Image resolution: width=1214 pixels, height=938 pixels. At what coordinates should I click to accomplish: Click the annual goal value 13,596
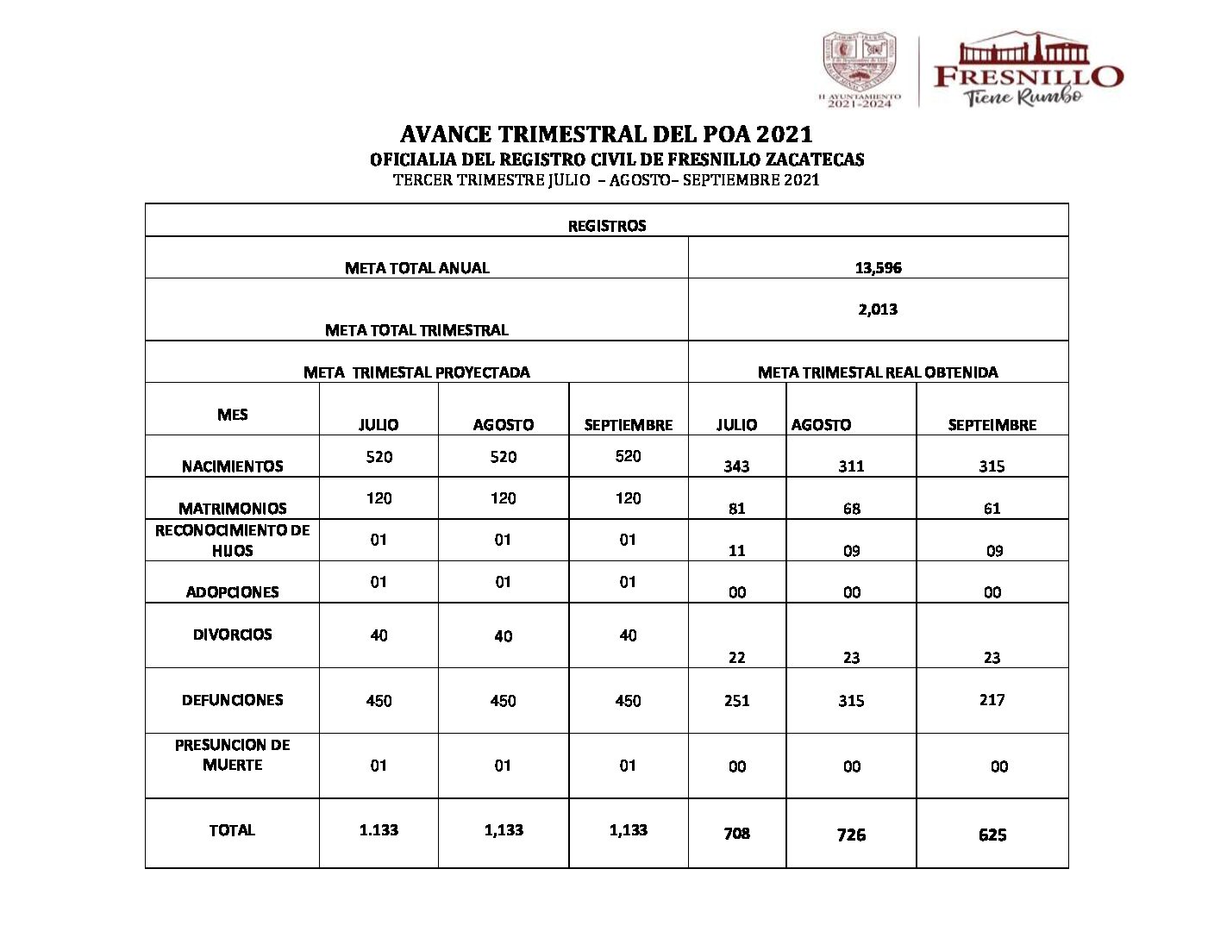point(878,268)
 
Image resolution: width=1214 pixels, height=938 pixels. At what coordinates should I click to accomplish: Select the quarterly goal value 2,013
point(878,310)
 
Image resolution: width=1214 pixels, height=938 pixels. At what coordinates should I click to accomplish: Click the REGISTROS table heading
point(606,226)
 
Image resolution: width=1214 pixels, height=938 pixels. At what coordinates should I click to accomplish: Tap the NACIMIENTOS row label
point(232,466)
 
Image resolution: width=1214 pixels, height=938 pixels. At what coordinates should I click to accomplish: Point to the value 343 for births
point(736,466)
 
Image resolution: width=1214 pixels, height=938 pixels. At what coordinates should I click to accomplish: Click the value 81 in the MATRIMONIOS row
point(736,509)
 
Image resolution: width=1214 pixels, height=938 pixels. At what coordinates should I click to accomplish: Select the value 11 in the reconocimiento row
point(736,551)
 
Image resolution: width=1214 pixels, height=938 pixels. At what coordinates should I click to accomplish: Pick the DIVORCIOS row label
point(232,635)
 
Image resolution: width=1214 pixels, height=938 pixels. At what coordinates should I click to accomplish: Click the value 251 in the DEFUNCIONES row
point(736,701)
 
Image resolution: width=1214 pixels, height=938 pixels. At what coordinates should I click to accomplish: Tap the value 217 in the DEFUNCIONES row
point(992,700)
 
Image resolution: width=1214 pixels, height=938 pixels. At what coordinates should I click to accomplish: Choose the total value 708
point(736,834)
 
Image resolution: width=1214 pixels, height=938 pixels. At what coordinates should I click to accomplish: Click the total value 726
point(851,835)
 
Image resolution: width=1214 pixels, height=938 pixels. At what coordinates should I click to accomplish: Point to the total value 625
point(992,835)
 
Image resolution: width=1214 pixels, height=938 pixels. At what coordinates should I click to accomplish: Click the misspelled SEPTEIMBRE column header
point(992,425)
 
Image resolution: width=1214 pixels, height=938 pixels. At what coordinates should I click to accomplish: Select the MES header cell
point(232,415)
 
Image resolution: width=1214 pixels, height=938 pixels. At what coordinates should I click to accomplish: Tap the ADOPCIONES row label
point(232,592)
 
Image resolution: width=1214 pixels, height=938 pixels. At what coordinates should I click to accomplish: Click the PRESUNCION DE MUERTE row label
point(232,754)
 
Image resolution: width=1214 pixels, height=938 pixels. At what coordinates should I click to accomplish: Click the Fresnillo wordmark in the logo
point(1028,76)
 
